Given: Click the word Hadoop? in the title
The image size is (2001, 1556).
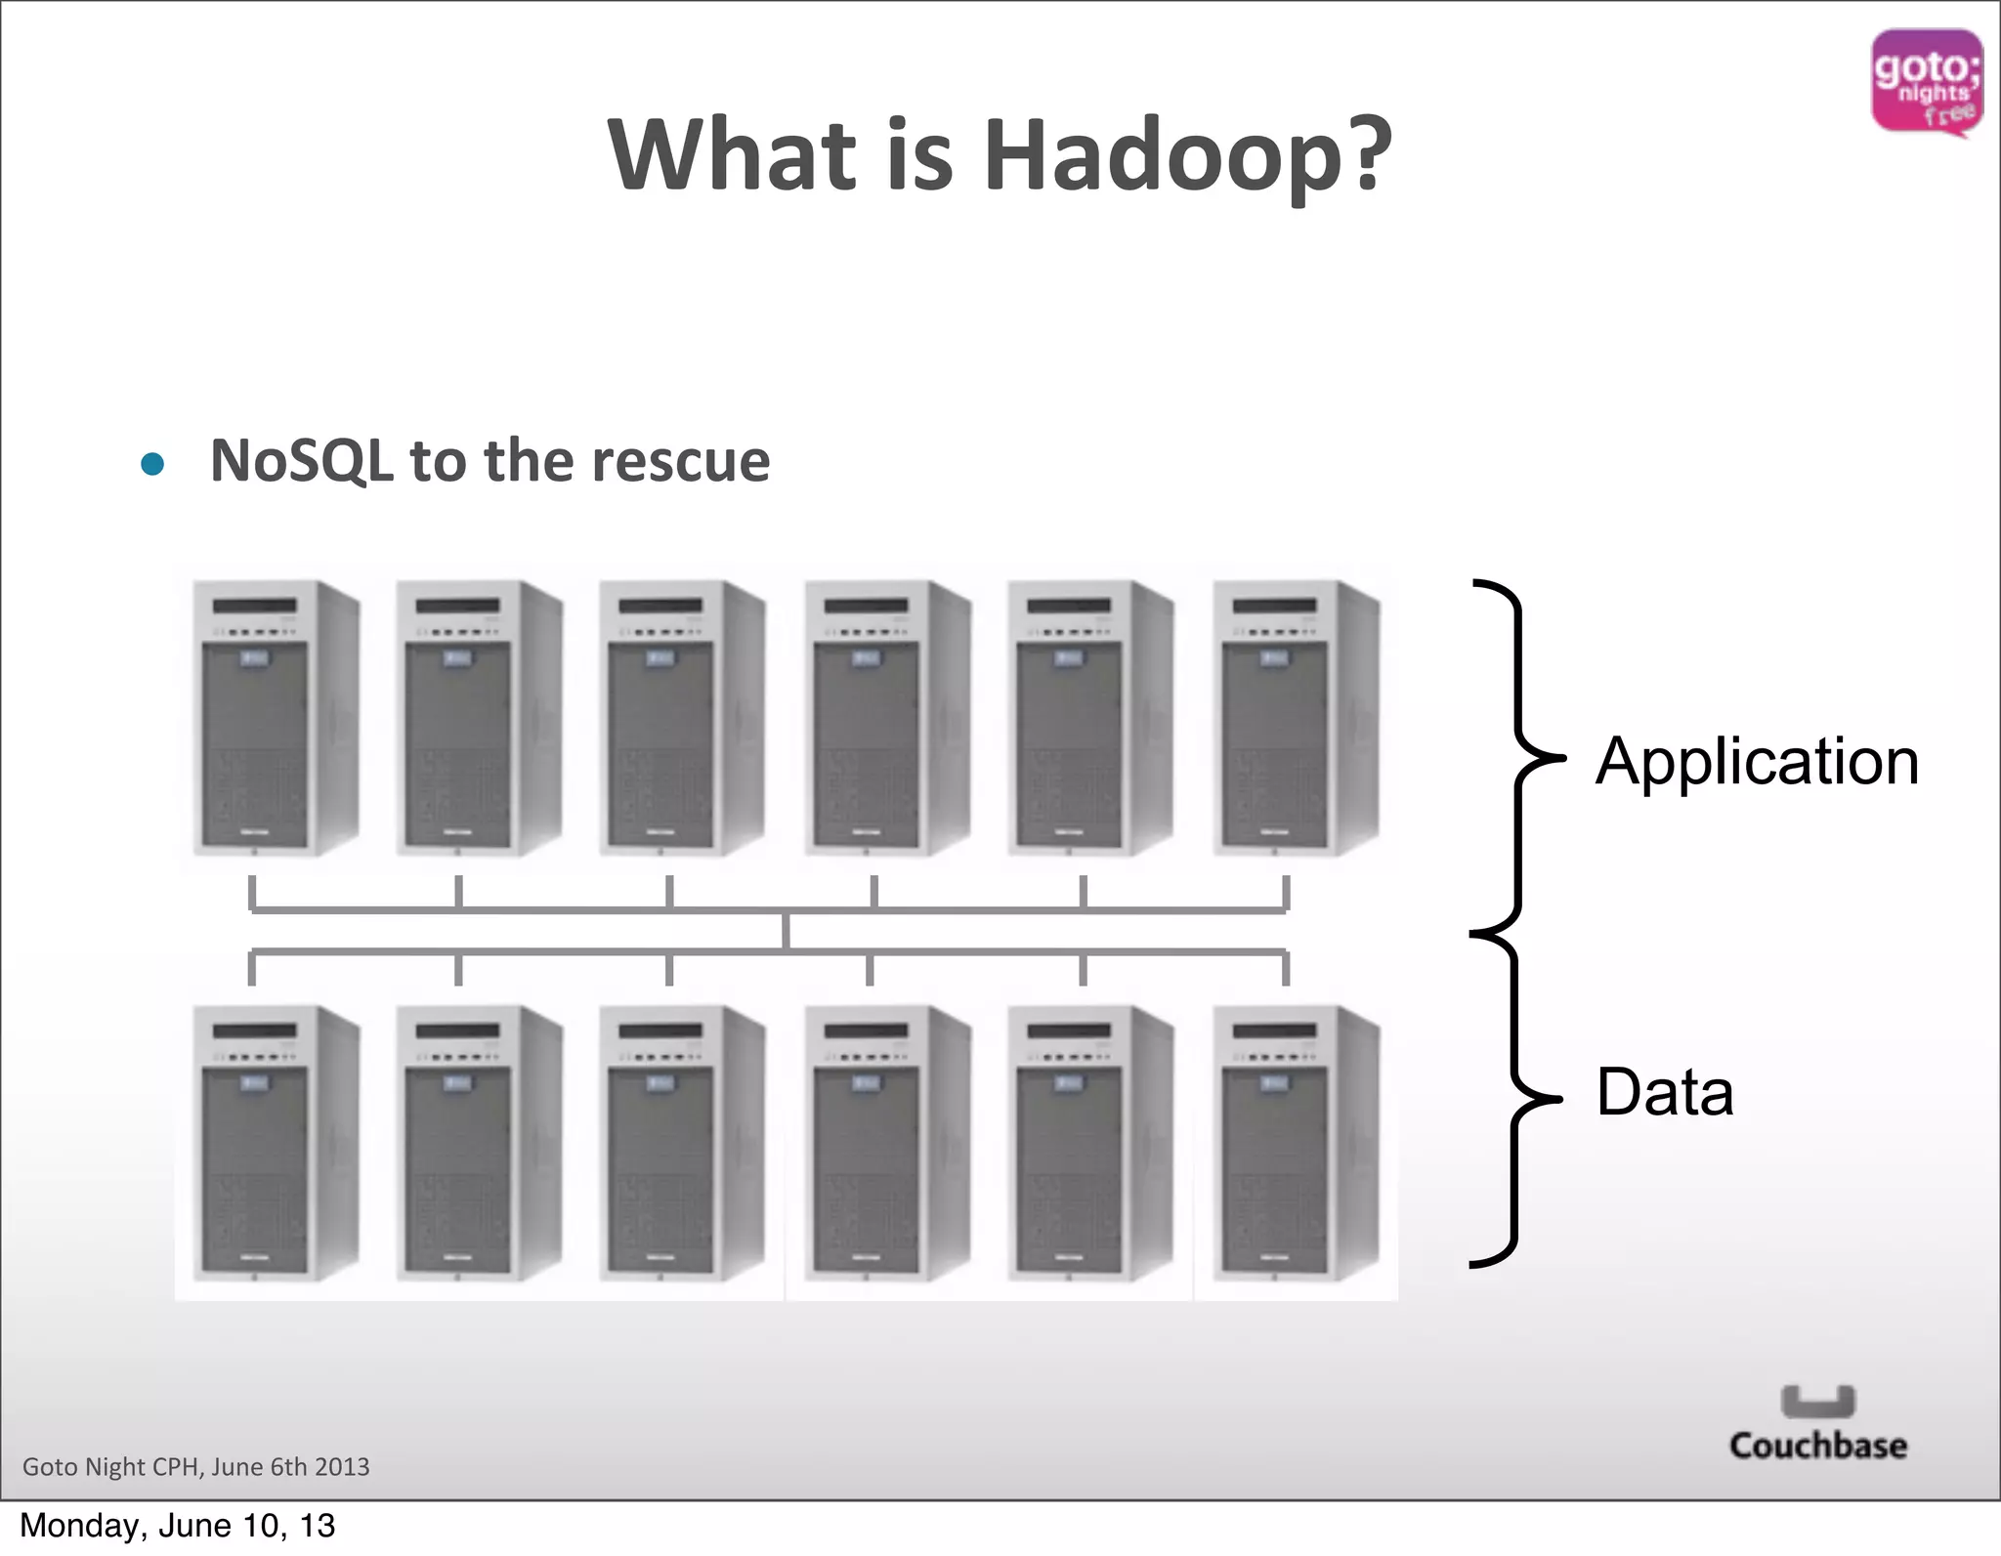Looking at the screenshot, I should [x=1187, y=156].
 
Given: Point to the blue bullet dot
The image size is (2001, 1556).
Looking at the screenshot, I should [x=152, y=463].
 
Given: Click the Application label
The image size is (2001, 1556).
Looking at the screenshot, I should [x=1757, y=761].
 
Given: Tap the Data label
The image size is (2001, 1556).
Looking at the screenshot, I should [x=1664, y=1092].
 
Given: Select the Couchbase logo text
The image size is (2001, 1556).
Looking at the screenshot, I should [x=1817, y=1446].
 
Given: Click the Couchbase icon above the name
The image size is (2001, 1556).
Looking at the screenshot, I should [x=1817, y=1401].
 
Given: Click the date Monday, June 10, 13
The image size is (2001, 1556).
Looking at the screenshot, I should [x=178, y=1526].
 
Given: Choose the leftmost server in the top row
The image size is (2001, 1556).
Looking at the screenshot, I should [x=276, y=718].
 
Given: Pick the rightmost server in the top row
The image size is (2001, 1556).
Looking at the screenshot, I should [x=1296, y=718].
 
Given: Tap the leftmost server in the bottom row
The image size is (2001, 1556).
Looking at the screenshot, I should [x=276, y=1143].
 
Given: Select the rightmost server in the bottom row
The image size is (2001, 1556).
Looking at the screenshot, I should [x=1296, y=1143].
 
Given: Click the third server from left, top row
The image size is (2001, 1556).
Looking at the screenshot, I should [x=682, y=718].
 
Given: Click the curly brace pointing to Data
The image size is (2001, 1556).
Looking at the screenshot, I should [x=1514, y=1099].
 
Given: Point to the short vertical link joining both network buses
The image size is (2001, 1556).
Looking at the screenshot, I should [x=786, y=931].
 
